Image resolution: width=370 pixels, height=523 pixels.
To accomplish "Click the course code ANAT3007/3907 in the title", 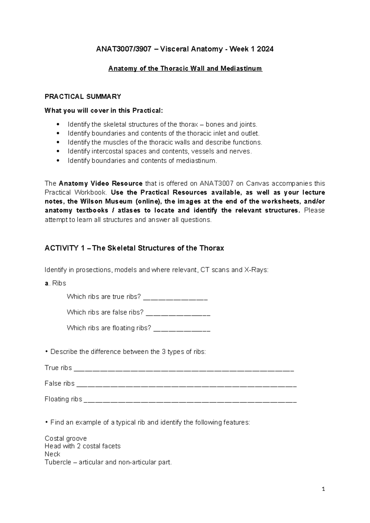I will pyautogui.click(x=122, y=49).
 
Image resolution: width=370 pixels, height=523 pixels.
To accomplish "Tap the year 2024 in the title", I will pyautogui.click(x=265, y=49).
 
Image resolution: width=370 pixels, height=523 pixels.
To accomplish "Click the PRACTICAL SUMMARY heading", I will pyautogui.click(x=83, y=97).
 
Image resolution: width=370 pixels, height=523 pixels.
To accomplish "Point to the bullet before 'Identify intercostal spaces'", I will pyautogui.click(x=58, y=151).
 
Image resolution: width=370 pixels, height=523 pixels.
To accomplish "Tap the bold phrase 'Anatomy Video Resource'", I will pyautogui.click(x=101, y=183).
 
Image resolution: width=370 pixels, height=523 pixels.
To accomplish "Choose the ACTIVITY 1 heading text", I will pyautogui.click(x=134, y=248).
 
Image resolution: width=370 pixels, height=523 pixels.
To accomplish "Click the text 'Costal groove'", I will pyautogui.click(x=66, y=438).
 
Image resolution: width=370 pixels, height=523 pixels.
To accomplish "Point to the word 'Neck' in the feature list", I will pyautogui.click(x=52, y=454).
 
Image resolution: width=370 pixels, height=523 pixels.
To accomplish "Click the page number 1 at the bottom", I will pyautogui.click(x=323, y=489).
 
